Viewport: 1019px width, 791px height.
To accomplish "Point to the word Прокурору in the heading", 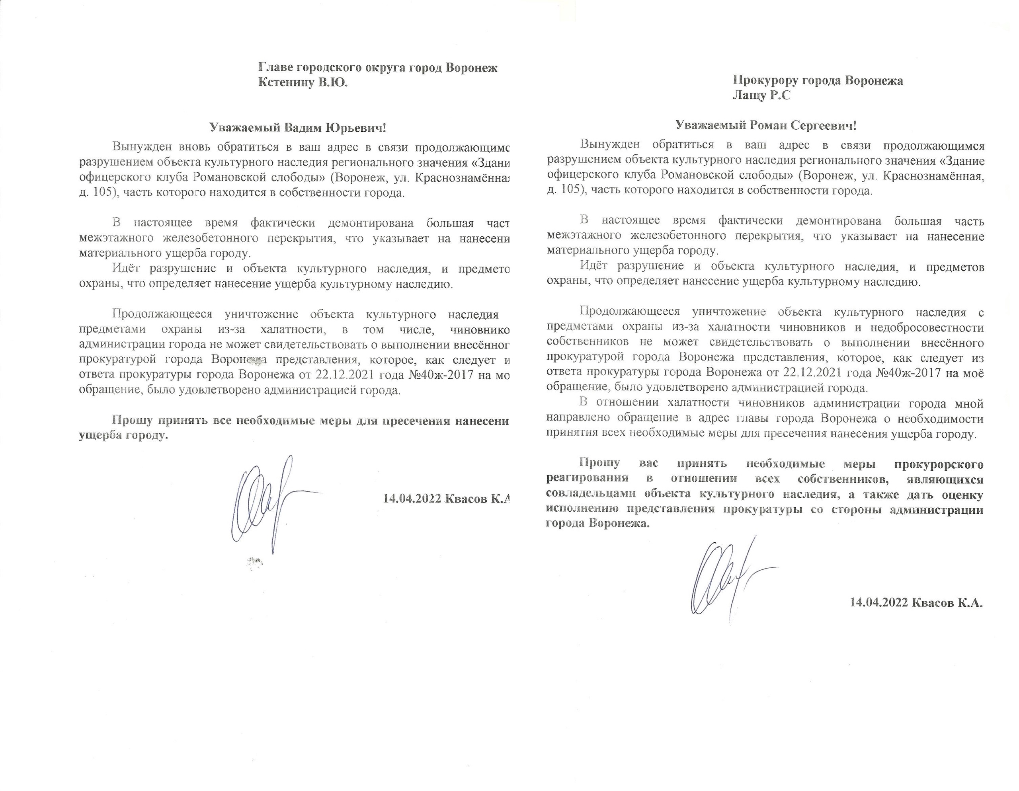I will (765, 81).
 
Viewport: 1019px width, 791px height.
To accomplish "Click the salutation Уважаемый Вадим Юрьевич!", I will (298, 128).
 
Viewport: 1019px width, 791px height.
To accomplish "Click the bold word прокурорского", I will (939, 464).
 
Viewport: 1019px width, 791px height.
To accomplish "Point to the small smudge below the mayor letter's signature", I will (254, 563).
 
